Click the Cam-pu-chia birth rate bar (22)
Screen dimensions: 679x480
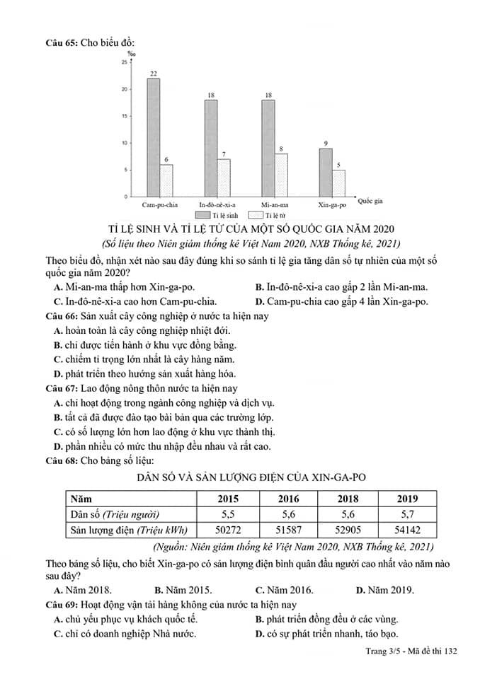pyautogui.click(x=153, y=137)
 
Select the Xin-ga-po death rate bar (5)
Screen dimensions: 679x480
pyautogui.click(x=338, y=183)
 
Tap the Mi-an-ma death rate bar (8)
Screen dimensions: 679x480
pyautogui.click(x=281, y=175)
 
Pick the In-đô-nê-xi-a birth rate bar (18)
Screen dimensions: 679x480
pyautogui.click(x=211, y=148)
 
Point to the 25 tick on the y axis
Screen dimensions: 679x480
pyautogui.click(x=124, y=63)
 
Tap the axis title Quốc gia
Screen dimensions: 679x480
pyautogui.click(x=370, y=202)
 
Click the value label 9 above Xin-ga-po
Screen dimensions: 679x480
pyautogui.click(x=326, y=144)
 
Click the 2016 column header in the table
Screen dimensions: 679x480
pyautogui.click(x=288, y=499)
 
